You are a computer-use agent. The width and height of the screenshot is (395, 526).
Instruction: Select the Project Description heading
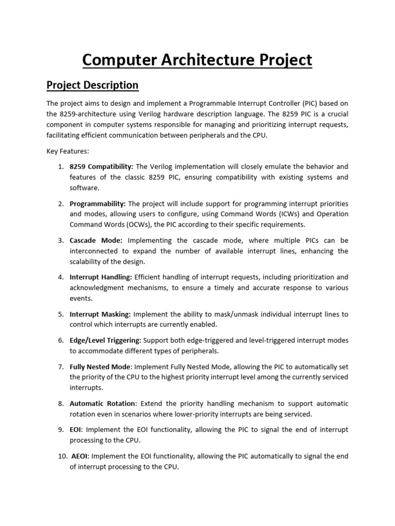tap(93, 85)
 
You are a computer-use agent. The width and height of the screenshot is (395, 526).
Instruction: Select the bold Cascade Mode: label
tap(96, 240)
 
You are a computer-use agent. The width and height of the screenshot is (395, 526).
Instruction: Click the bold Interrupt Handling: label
tap(101, 277)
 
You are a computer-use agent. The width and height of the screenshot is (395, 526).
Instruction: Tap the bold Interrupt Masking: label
tap(100, 314)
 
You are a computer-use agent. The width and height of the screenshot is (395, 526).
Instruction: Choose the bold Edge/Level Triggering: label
tap(106, 340)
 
